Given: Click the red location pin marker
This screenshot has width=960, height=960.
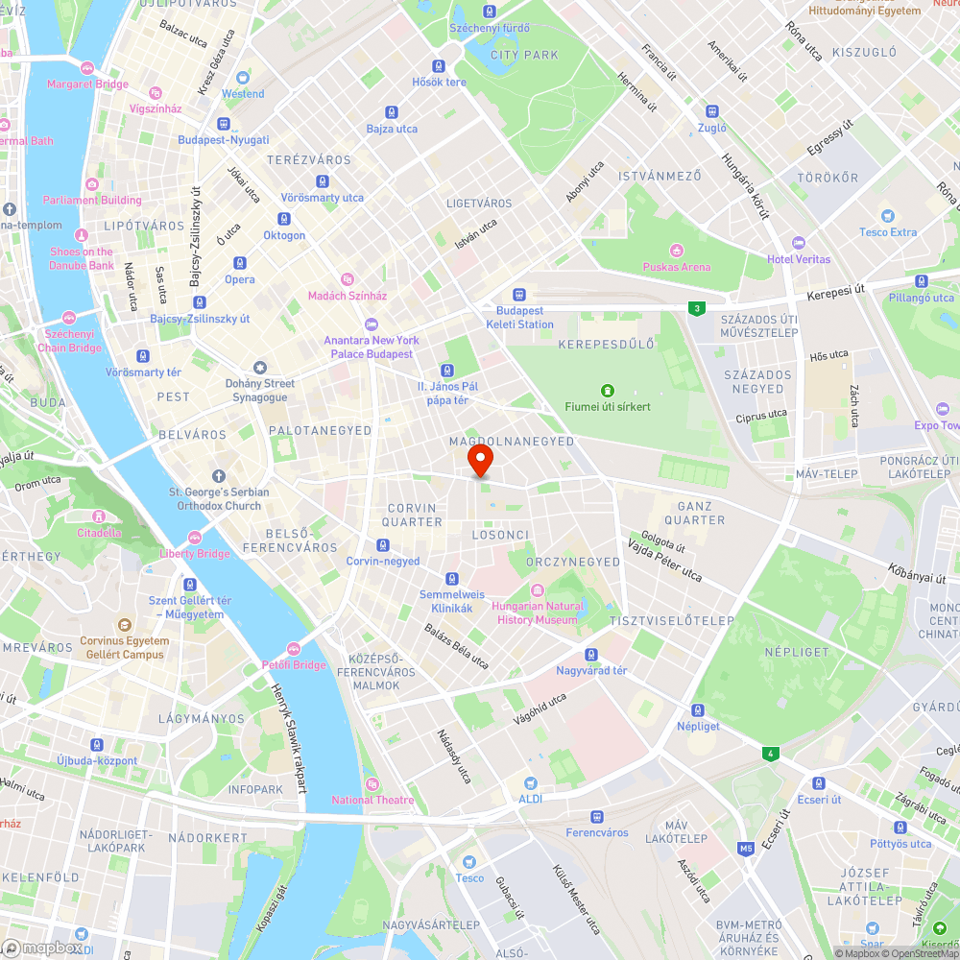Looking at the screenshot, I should coord(480,460).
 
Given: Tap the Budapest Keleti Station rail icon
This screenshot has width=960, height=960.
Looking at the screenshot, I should coord(519,295).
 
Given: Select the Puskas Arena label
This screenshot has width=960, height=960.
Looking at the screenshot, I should coord(677,267).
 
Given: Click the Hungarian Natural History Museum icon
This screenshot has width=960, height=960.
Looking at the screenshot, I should coord(538,590).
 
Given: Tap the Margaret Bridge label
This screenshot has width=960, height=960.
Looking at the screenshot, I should coord(87,84).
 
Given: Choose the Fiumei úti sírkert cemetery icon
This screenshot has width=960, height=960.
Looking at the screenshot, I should coord(607,390).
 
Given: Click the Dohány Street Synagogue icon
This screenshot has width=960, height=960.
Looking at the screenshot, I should coord(259,368).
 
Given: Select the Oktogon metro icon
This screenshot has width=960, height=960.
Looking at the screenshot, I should coord(284,219).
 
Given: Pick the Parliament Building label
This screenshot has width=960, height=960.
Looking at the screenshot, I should coord(92,200).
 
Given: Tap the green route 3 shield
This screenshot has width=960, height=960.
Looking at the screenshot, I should coord(695,308).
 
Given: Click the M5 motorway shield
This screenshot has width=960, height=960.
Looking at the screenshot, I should coord(746,848).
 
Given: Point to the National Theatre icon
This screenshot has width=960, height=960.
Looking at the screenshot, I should coord(372,784).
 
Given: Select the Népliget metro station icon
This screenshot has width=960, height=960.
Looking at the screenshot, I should coord(698,710).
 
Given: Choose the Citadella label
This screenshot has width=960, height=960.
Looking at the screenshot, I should coord(100,533).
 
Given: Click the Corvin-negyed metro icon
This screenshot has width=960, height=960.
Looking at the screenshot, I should coord(383,545).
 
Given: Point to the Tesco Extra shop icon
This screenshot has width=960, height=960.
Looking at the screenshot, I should coord(888,216).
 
